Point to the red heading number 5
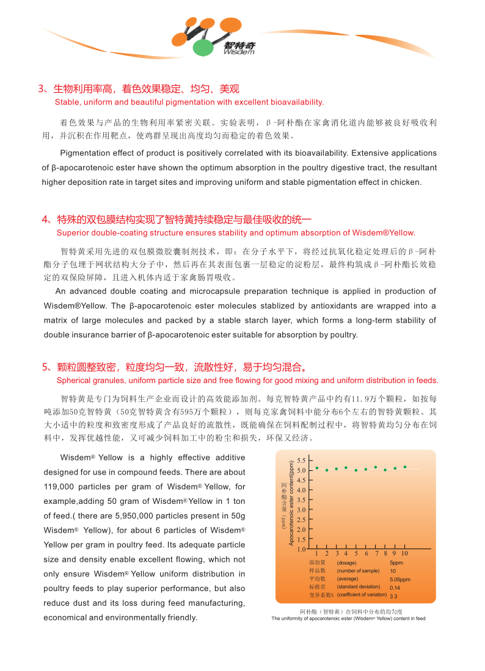[45, 367]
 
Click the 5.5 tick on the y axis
[302, 460]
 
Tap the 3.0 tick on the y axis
[302, 509]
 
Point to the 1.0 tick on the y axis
[302, 549]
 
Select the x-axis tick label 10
[404, 553]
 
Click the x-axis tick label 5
[356, 553]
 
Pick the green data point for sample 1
[317, 468]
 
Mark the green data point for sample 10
[404, 467]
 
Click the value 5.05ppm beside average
[400, 579]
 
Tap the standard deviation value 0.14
[395, 587]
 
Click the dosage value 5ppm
[396, 562]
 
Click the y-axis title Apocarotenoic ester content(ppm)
[291, 503]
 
